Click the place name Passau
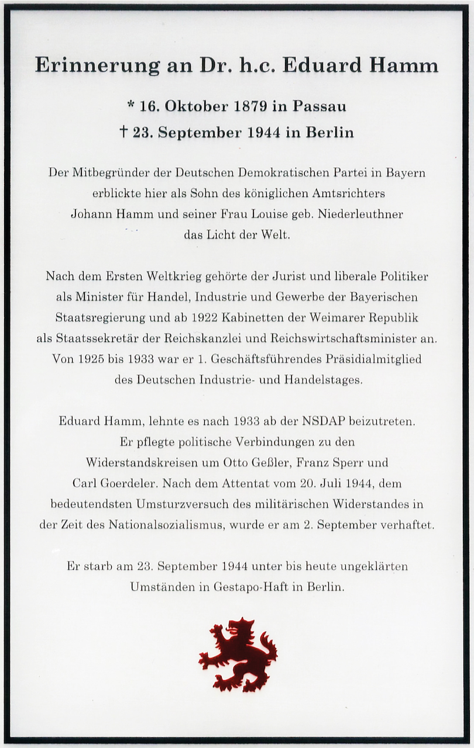pyautogui.click(x=319, y=106)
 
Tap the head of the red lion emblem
pyautogui.click(x=239, y=628)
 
